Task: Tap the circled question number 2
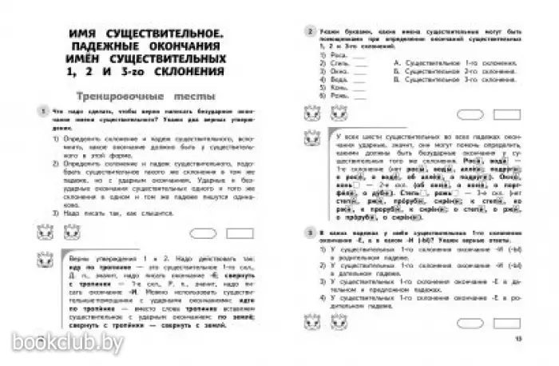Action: [x=308, y=31]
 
